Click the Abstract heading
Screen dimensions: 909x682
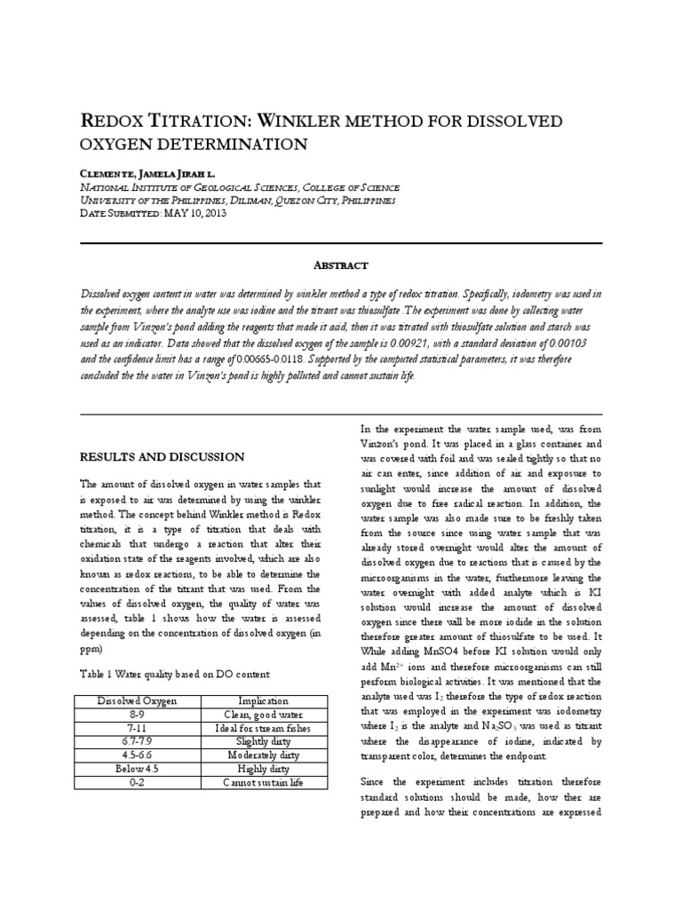tap(341, 265)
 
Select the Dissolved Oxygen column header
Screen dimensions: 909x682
tap(137, 701)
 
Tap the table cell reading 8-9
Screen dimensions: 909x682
tap(137, 715)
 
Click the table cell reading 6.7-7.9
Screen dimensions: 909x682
tap(137, 742)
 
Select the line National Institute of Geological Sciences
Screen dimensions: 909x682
tap(240, 187)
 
